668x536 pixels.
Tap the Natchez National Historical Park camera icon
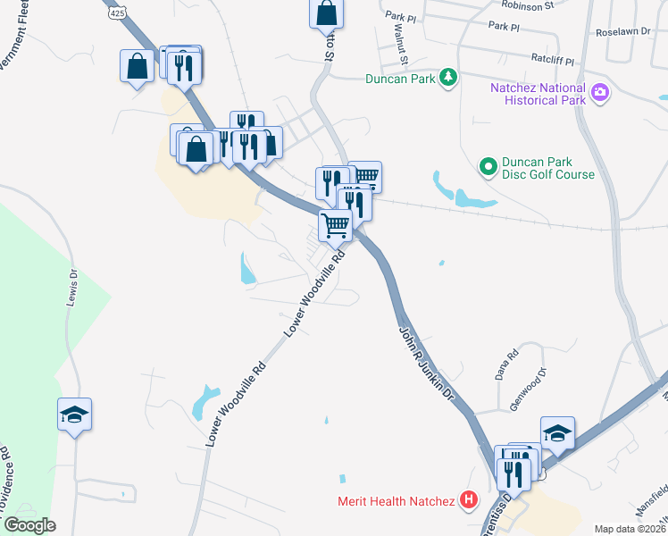(600, 93)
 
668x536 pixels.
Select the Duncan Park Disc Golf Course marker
(488, 166)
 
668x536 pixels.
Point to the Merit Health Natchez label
(397, 501)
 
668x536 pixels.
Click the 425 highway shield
(117, 13)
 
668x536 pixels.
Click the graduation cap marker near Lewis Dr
(75, 414)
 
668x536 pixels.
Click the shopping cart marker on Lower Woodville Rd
(335, 225)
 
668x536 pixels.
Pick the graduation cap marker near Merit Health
(557, 433)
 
